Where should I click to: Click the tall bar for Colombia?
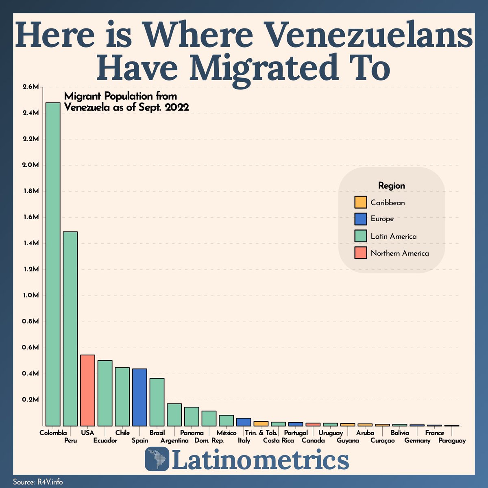pyautogui.click(x=53, y=264)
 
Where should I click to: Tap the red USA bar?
pyautogui.click(x=87, y=390)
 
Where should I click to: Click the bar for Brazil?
pyautogui.click(x=157, y=402)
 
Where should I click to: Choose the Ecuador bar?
pyautogui.click(x=105, y=393)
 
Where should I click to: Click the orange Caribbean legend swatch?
pyautogui.click(x=360, y=202)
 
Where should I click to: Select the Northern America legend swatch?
pyautogui.click(x=360, y=253)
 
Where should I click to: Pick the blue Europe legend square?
pyautogui.click(x=360, y=219)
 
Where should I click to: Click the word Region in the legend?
pyautogui.click(x=392, y=186)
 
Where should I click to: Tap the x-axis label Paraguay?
pyautogui.click(x=452, y=441)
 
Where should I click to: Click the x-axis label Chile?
pyautogui.click(x=122, y=433)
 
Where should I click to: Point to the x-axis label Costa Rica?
pyautogui.click(x=279, y=441)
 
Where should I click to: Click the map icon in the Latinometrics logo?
pyautogui.click(x=157, y=460)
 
